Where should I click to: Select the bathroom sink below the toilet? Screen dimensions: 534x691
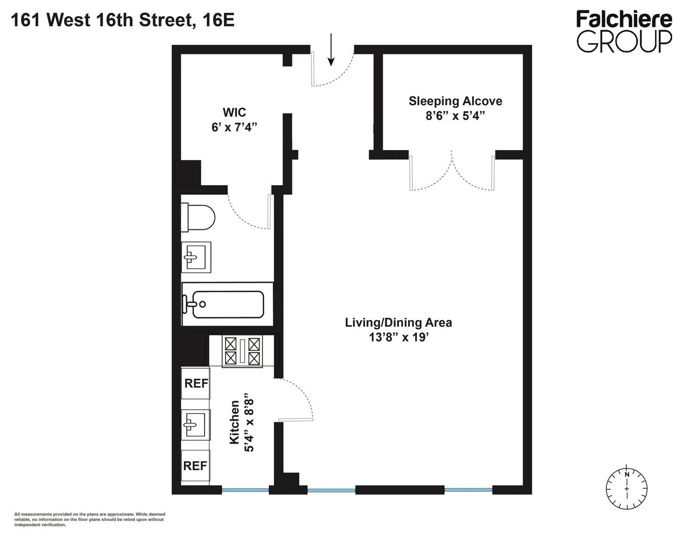196,258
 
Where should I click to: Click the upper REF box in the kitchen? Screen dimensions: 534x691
195,383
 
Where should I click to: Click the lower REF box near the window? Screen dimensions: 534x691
195,465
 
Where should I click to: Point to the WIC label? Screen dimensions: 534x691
234,113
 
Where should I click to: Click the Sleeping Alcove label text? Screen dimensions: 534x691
455,101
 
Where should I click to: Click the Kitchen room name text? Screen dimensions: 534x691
234,422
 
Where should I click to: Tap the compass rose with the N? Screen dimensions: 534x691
626,482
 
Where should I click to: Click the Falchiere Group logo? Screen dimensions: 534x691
625,32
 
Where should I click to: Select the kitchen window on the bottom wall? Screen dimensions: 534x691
245,490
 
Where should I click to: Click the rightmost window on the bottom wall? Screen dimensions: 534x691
468,490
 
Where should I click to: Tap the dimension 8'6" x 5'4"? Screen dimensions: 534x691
455,116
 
